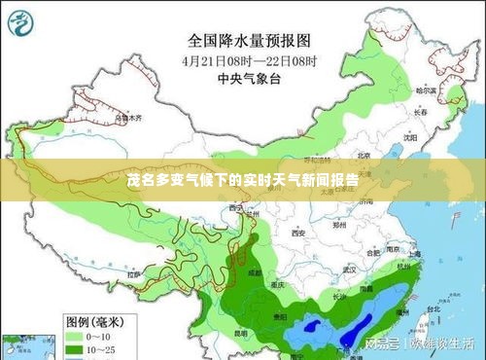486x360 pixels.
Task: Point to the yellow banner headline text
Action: (242, 181)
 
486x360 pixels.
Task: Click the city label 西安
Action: (297, 234)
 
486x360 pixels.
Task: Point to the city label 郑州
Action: (339, 225)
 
